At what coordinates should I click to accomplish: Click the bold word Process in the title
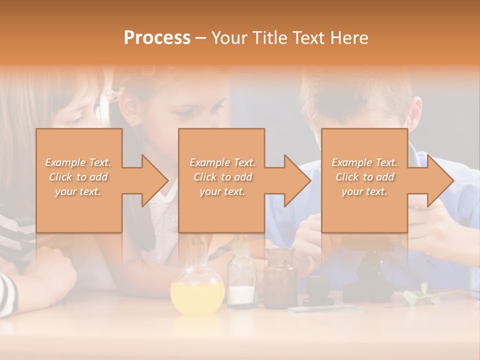157,37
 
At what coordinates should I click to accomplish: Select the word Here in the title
349,37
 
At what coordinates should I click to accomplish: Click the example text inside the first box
78,177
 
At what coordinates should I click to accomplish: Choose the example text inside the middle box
222,177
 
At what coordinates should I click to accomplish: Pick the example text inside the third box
364,177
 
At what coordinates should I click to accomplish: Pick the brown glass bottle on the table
280,280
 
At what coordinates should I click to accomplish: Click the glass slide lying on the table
325,309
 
